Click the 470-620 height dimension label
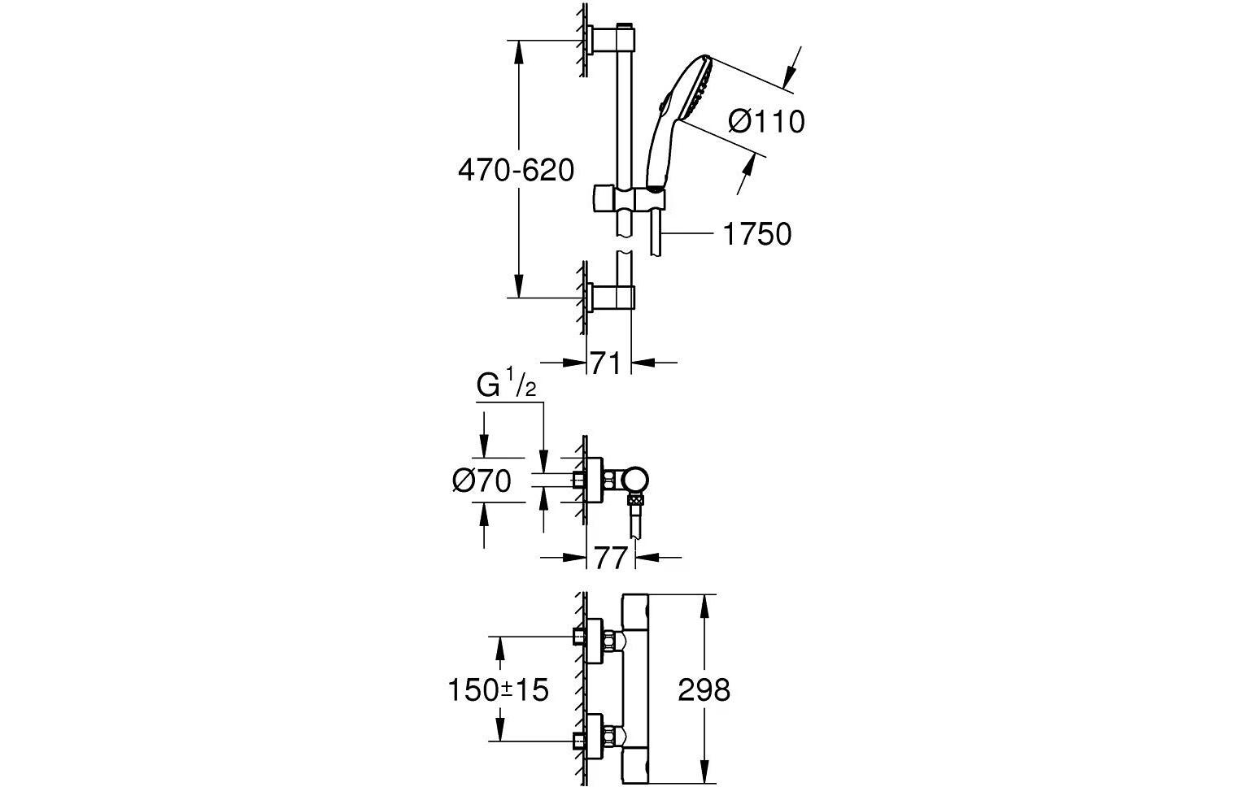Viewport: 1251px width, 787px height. tap(516, 171)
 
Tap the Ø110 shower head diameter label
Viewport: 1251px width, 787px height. tap(766, 122)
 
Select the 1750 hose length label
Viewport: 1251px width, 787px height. tap(756, 234)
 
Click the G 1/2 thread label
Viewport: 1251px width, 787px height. tap(506, 386)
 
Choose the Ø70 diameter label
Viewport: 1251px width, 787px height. tap(482, 481)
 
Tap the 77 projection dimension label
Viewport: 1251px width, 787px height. tap(610, 559)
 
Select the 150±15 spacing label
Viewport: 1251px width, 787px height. tap(499, 690)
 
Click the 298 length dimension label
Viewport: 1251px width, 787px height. tap(704, 690)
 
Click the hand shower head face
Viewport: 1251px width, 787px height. tap(698, 89)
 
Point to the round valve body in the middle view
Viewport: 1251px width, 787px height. tap(636, 480)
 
